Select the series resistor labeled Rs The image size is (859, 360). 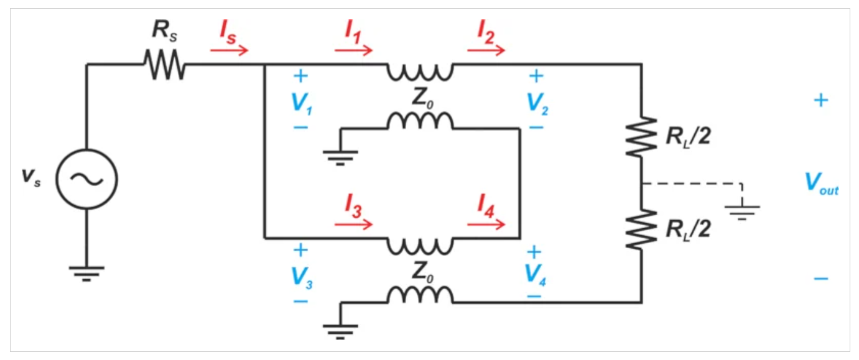164,64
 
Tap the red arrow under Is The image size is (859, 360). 229,50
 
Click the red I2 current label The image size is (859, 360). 486,32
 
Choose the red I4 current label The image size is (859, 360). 486,204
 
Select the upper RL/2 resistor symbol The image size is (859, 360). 641,136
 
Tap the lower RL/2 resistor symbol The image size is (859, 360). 641,229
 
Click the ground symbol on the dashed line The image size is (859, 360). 742,210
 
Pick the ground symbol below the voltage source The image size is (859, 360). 86,272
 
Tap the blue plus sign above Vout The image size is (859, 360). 821,100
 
